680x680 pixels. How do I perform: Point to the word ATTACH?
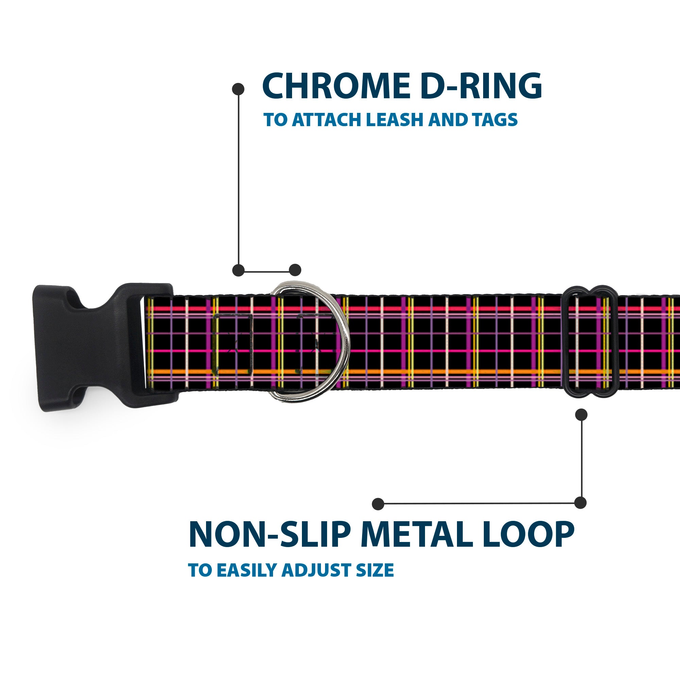[327, 120]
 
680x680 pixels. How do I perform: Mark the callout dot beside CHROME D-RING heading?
[238, 89]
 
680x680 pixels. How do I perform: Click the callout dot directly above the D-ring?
[295, 270]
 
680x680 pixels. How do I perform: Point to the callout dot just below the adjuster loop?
[581, 414]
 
